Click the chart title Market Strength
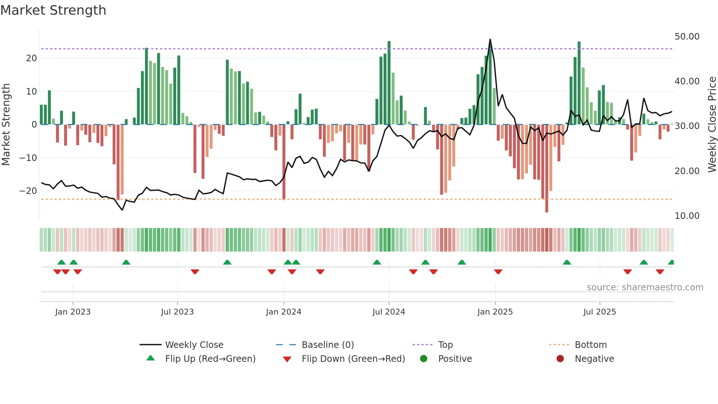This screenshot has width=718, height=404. pyautogui.click(x=53, y=10)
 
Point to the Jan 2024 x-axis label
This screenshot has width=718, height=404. pyautogui.click(x=284, y=312)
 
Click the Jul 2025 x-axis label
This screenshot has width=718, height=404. pyautogui.click(x=600, y=312)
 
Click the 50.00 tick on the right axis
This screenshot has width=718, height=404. pyautogui.click(x=687, y=37)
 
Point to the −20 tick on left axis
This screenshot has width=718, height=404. pyautogui.click(x=28, y=191)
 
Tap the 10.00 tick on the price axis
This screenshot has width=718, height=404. pyautogui.click(x=687, y=216)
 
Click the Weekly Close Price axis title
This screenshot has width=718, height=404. pyautogui.click(x=712, y=125)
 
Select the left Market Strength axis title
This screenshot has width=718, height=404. pyautogui.click(x=6, y=125)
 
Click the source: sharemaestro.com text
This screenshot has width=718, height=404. pyautogui.click(x=645, y=287)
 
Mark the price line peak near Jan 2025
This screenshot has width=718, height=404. pyautogui.click(x=490, y=40)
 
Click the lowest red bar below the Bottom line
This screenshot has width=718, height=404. pyautogui.click(x=547, y=209)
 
